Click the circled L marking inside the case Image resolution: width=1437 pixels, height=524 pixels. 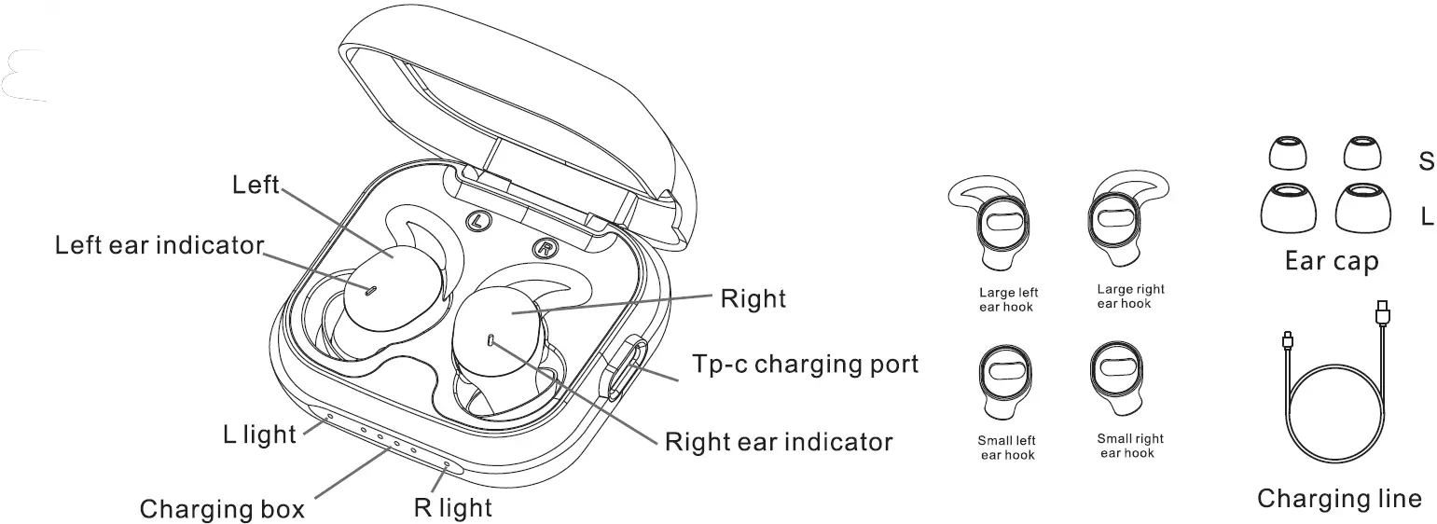tap(477, 222)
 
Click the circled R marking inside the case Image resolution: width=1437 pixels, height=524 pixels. tap(544, 248)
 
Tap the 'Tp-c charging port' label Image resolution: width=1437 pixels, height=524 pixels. tap(804, 363)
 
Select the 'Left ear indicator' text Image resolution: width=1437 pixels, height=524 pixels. tap(159, 245)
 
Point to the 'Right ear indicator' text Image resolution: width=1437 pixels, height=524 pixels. tap(778, 440)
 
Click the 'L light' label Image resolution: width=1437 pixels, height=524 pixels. tap(259, 434)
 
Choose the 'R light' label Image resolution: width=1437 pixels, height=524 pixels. tap(452, 508)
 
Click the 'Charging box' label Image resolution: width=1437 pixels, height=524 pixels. tap(222, 509)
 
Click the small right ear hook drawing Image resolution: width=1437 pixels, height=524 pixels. tap(1119, 378)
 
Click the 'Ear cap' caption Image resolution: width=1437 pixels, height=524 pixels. tap(1332, 262)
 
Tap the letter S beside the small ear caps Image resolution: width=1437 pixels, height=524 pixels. tap(1426, 161)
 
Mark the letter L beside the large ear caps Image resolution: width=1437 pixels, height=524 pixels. tap(1427, 217)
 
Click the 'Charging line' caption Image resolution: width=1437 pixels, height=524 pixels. tap(1339, 499)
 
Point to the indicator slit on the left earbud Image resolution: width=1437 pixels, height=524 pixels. tap(370, 290)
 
